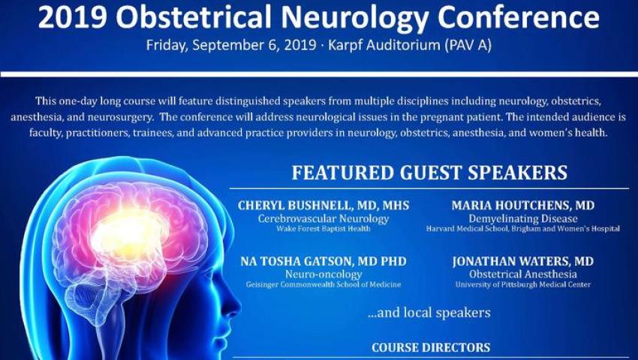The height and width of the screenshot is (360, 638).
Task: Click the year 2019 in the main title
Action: tap(72, 16)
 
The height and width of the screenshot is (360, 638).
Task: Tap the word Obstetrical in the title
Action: tap(194, 16)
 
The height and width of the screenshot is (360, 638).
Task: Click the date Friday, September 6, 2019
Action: tap(230, 45)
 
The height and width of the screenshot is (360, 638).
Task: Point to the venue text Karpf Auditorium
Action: tap(384, 45)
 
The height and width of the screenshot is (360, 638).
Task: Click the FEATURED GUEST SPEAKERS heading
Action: tap(429, 172)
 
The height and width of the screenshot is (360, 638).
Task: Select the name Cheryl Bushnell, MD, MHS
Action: tap(324, 205)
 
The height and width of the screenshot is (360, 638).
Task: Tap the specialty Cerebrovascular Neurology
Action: tap(324, 219)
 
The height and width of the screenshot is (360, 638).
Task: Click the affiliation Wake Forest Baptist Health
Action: tap(324, 229)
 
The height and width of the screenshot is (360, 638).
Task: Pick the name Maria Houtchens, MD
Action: tap(523, 205)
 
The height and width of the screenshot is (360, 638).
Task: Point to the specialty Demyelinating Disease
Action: tap(523, 219)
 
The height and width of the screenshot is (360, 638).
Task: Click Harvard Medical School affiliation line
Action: tap(523, 229)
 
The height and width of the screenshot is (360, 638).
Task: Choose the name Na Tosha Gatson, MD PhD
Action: tap(324, 261)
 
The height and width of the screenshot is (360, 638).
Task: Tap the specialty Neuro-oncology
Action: tap(324, 274)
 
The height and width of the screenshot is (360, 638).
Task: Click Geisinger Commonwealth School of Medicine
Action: tap(324, 284)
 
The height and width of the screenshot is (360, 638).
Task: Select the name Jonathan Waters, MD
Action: tap(523, 261)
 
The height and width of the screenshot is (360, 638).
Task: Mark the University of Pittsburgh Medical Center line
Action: tap(523, 284)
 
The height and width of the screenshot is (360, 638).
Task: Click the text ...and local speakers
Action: tap(429, 313)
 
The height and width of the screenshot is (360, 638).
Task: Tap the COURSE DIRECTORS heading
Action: tap(431, 347)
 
